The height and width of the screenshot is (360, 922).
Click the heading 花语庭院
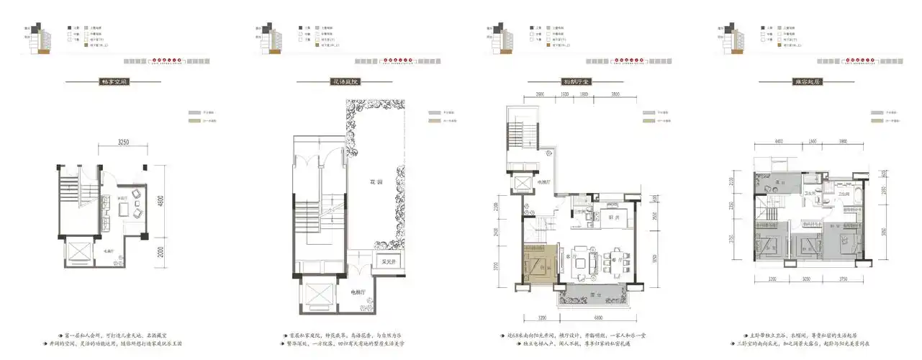tap(345, 82)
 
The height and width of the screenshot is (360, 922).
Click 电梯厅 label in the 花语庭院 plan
tap(358, 292)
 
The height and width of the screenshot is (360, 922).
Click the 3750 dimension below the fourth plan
tap(836, 279)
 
